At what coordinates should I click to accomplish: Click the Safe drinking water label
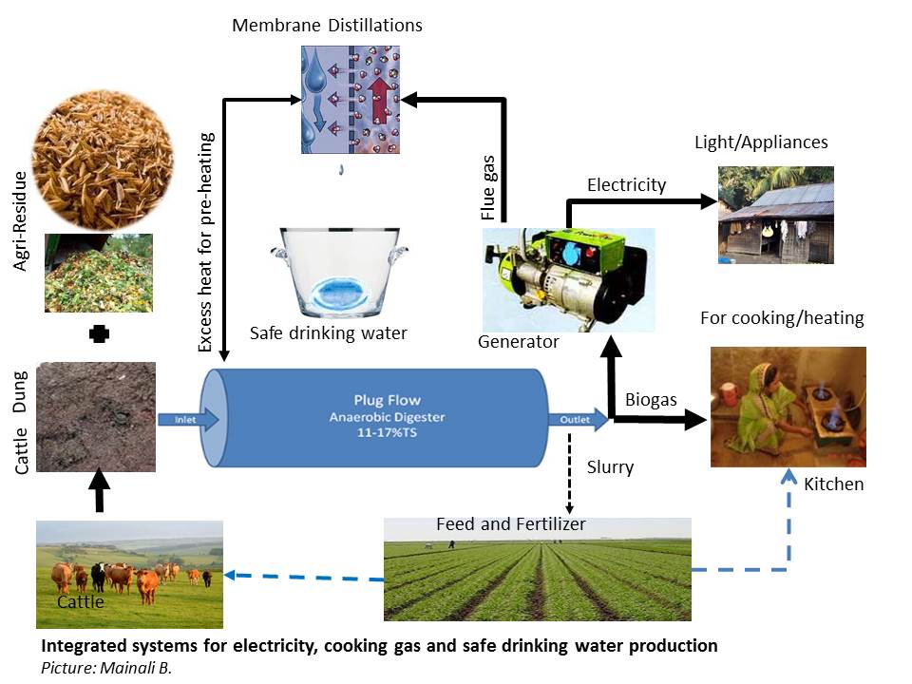pyautogui.click(x=328, y=332)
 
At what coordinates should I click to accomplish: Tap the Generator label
pyautogui.click(x=520, y=341)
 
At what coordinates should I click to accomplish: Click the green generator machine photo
pyautogui.click(x=568, y=277)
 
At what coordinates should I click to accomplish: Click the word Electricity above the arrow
pyautogui.click(x=626, y=184)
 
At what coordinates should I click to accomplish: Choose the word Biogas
pyautogui.click(x=651, y=399)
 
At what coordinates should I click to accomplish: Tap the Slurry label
pyautogui.click(x=611, y=467)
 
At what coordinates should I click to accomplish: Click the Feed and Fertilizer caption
pyautogui.click(x=511, y=524)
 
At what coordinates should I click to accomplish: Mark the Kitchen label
pyautogui.click(x=834, y=484)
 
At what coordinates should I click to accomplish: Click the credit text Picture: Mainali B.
pyautogui.click(x=99, y=668)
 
